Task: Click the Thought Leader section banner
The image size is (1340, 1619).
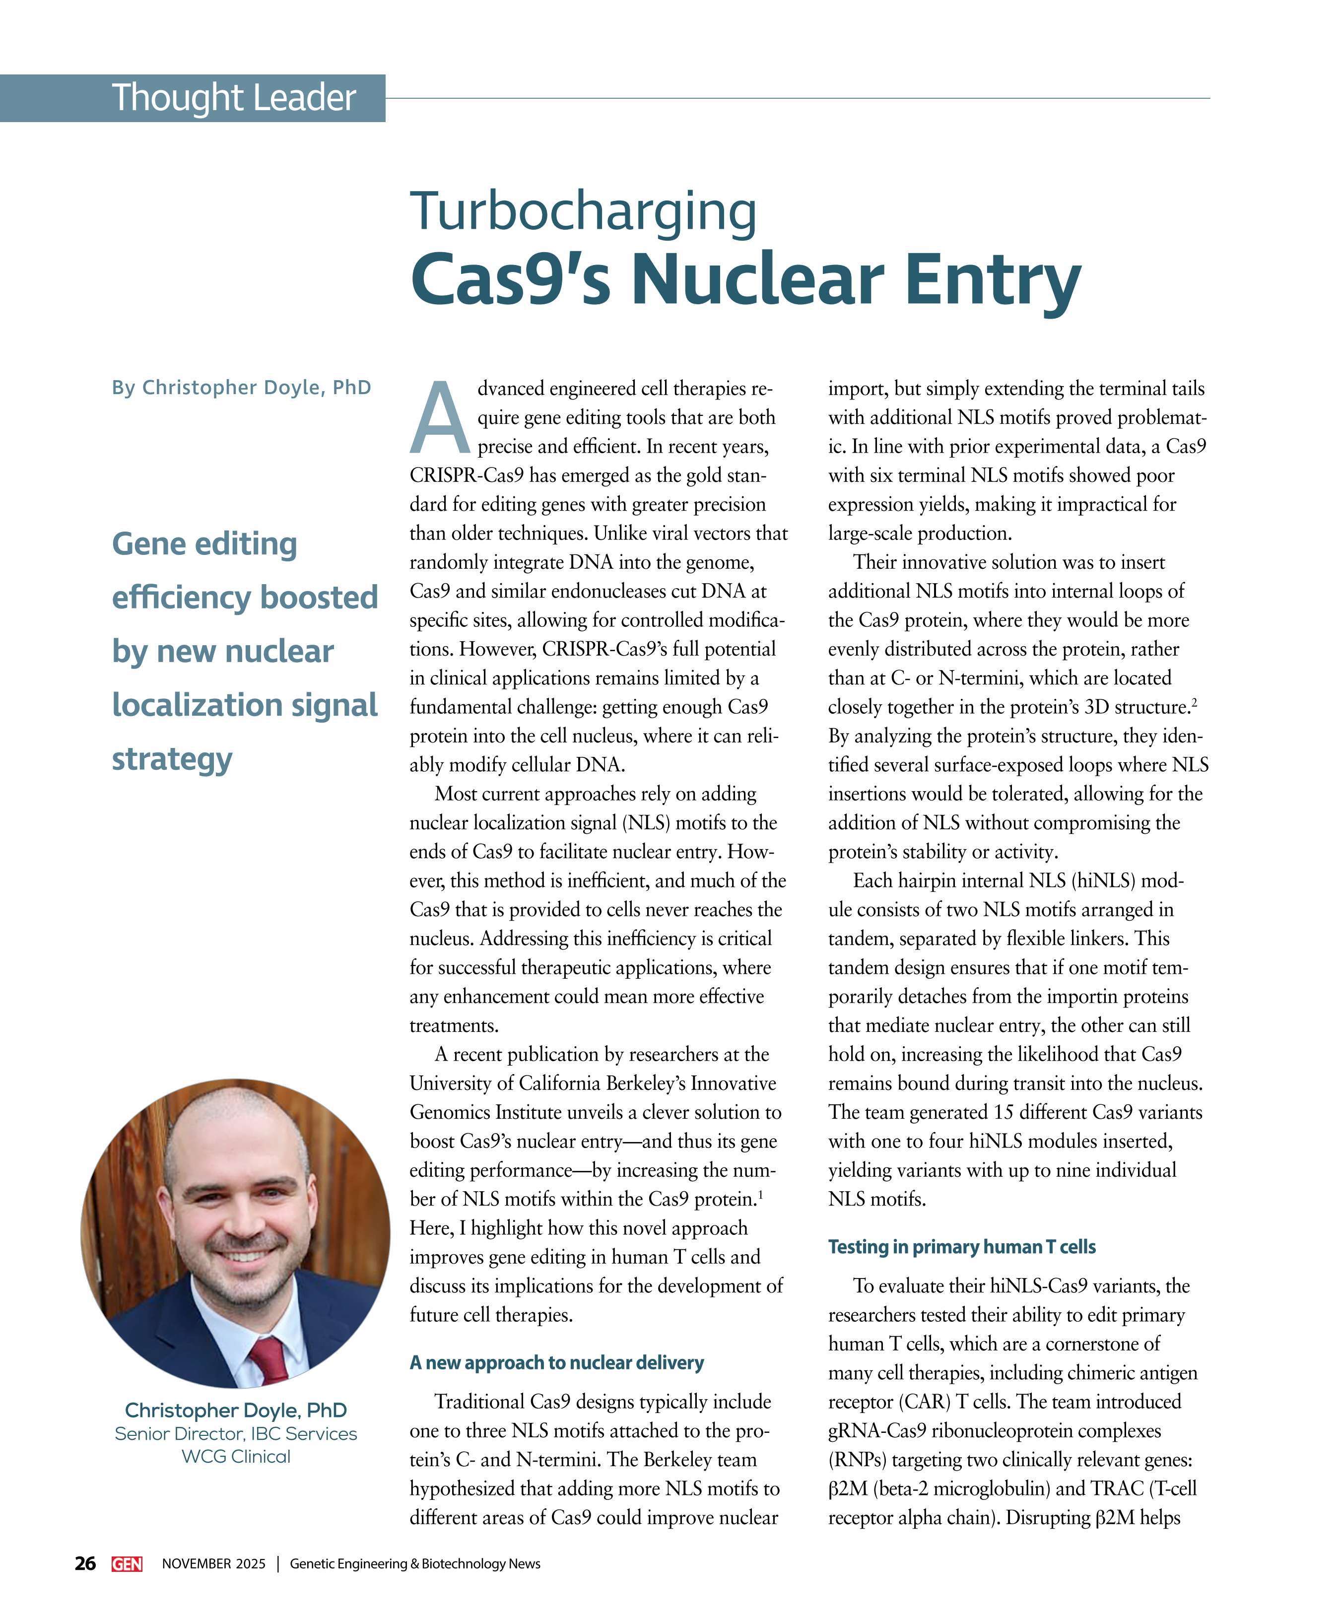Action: (234, 98)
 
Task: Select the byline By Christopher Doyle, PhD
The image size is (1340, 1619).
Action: (241, 387)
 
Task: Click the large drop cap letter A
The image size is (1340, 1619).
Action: (440, 418)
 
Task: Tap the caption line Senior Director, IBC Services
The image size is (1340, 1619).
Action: (236, 1433)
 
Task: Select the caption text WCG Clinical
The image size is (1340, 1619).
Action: (236, 1456)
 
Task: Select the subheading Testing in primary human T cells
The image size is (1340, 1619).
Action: (961, 1247)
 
